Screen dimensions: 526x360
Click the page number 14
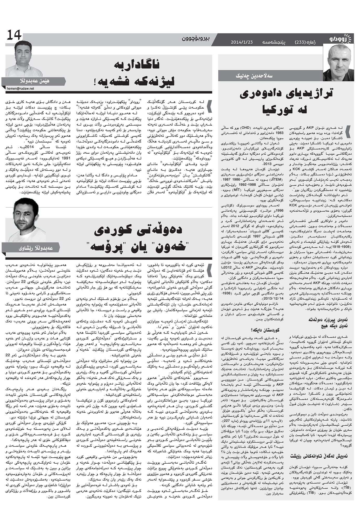[x=14, y=35]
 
